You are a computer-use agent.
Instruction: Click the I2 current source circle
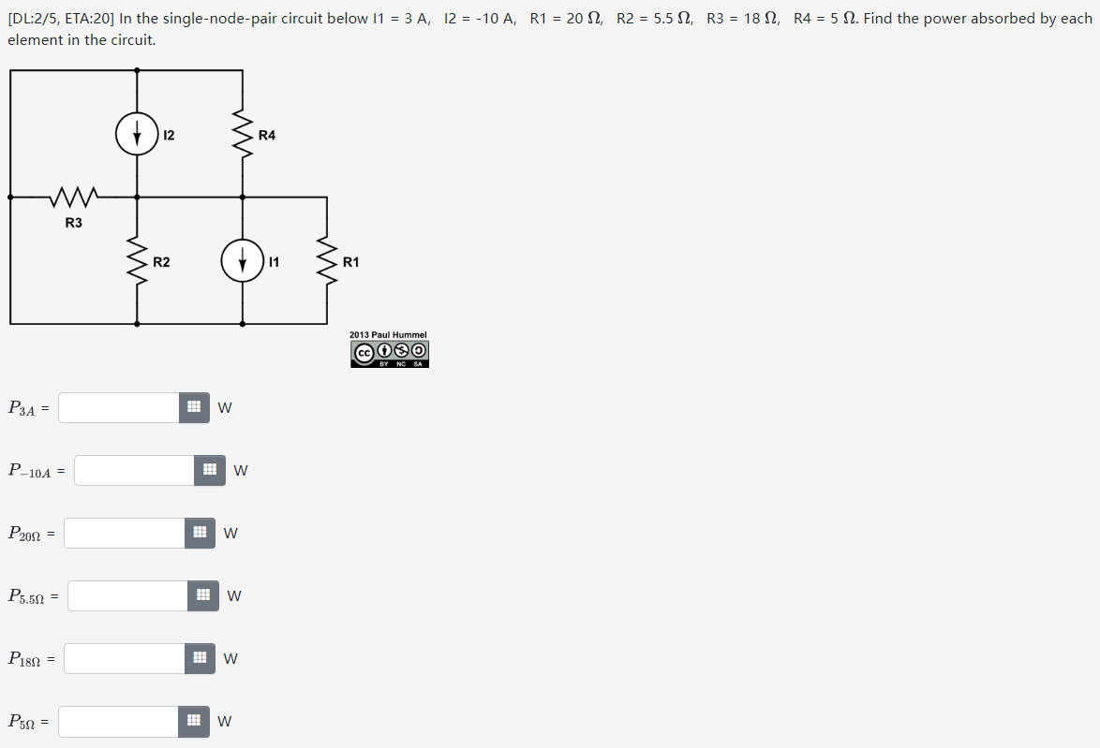click(x=137, y=135)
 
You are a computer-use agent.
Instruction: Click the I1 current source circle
click(x=243, y=261)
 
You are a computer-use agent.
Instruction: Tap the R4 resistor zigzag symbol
click(x=243, y=135)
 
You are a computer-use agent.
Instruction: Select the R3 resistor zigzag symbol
click(x=73, y=198)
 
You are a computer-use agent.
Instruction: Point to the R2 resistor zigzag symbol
click(x=137, y=261)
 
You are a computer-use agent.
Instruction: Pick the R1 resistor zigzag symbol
click(x=327, y=261)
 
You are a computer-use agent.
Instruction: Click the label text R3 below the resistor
click(x=73, y=223)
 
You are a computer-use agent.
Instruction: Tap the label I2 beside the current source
click(x=169, y=135)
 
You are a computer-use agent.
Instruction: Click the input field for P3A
click(x=119, y=407)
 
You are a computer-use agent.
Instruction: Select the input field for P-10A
click(x=135, y=470)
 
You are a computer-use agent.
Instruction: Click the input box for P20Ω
click(x=125, y=533)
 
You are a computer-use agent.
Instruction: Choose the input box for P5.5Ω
click(x=127, y=595)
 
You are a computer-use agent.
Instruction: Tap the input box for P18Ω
click(x=125, y=658)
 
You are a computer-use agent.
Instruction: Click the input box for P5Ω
click(x=119, y=721)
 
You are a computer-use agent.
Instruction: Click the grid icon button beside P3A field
click(x=194, y=407)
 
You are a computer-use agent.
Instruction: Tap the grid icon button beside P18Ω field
click(x=199, y=658)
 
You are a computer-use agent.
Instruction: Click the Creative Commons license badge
click(x=390, y=354)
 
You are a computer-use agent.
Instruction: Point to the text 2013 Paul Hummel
click(x=388, y=334)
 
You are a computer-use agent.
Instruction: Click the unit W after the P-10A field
click(x=241, y=471)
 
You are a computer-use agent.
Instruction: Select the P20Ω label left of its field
click(x=25, y=534)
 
